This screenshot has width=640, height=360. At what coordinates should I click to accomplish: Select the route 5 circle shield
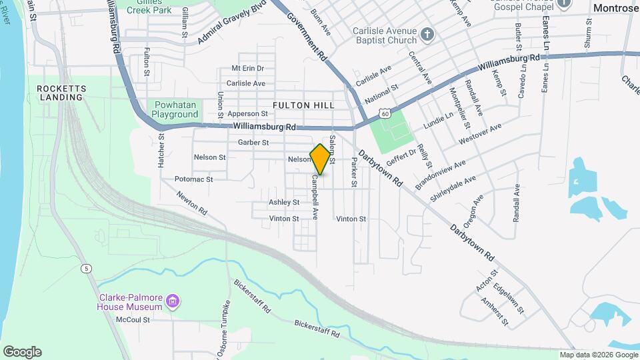coord(87,269)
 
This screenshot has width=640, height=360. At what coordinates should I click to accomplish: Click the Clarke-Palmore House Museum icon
coord(173,302)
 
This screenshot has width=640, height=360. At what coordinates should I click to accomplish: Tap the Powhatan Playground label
coord(175,109)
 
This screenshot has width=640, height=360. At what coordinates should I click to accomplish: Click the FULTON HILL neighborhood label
coord(303,105)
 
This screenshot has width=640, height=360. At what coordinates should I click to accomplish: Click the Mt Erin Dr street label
coord(247,69)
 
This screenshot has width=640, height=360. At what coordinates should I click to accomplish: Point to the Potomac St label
coord(193,179)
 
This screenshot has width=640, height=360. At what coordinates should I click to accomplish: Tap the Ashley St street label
coord(284,202)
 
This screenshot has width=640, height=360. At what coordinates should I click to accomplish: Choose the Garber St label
coord(253,143)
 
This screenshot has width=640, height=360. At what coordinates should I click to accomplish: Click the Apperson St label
coord(247,114)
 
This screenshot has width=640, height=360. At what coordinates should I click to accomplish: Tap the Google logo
coord(22,352)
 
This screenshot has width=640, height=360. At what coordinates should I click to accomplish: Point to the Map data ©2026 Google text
coord(599,355)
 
